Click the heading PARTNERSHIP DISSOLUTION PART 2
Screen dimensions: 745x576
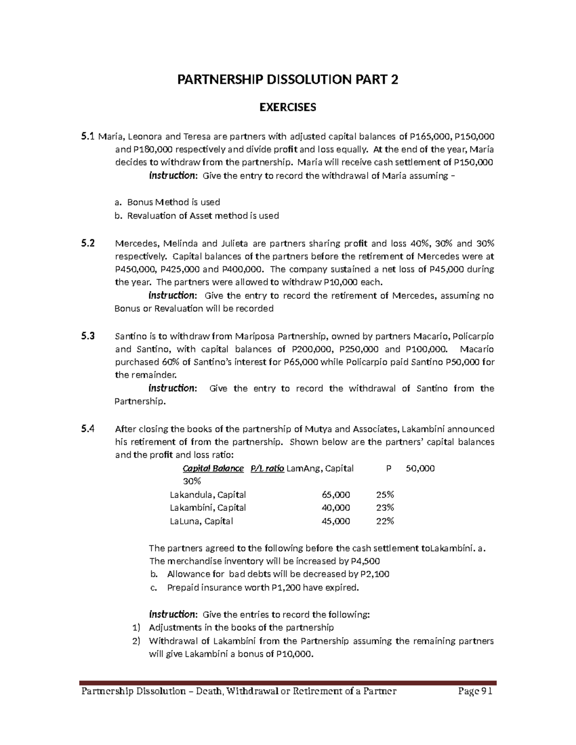[x=288, y=80]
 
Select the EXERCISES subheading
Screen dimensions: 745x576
[x=288, y=107]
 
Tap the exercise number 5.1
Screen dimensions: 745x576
[x=88, y=137]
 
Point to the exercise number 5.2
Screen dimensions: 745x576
[x=88, y=243]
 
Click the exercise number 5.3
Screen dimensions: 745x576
[x=88, y=336]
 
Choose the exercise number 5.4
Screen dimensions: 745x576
[x=88, y=429]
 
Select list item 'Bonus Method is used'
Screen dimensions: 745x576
[x=173, y=202]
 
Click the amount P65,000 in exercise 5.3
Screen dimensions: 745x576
[x=300, y=362]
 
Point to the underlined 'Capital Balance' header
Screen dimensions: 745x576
[x=213, y=469]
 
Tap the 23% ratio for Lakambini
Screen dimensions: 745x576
[x=385, y=508]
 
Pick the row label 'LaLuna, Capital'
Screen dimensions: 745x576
[x=202, y=521]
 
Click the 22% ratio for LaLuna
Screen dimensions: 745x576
[x=385, y=521]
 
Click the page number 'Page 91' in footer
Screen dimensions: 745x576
[x=475, y=691]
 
